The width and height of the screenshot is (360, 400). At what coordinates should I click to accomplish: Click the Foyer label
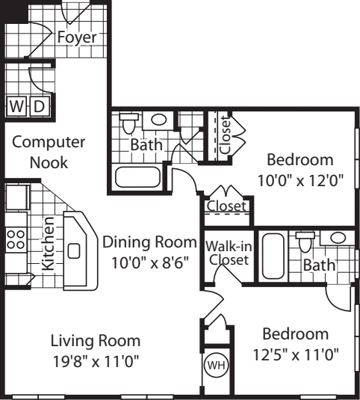click(77, 37)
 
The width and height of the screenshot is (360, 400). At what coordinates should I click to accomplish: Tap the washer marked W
click(16, 106)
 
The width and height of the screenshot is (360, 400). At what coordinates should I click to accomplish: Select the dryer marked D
click(40, 106)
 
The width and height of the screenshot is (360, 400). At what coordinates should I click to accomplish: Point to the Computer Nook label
click(49, 153)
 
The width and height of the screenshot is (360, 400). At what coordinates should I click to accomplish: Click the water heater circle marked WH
click(217, 366)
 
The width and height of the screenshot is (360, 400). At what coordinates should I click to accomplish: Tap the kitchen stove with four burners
click(16, 240)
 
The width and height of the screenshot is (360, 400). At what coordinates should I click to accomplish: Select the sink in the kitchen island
click(74, 251)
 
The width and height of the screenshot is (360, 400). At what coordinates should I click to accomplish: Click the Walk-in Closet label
click(229, 253)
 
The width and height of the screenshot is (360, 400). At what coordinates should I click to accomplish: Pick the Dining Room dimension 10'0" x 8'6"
click(150, 262)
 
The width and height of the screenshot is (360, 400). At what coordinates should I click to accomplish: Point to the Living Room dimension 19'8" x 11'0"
click(96, 361)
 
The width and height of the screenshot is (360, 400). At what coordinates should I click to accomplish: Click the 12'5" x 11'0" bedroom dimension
click(296, 355)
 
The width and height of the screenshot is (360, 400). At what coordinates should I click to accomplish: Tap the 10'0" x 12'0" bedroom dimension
click(301, 181)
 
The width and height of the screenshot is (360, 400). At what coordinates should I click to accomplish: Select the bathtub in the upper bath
click(138, 177)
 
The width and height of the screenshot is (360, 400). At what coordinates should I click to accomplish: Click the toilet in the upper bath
click(128, 123)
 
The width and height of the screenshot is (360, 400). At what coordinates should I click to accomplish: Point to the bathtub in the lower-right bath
click(273, 256)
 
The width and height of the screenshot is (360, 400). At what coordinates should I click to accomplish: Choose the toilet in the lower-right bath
click(305, 242)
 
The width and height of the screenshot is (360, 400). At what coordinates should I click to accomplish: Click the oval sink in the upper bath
click(159, 120)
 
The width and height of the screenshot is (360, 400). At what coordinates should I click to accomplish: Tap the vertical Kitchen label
click(49, 244)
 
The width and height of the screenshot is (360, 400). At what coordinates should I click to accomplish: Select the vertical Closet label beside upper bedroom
click(226, 135)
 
